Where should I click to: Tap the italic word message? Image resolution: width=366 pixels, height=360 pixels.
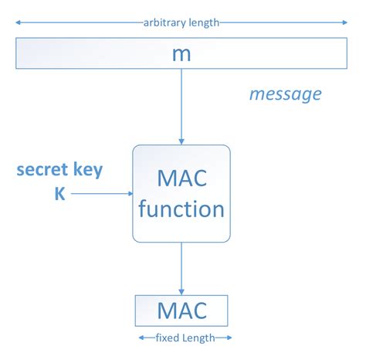click(285, 94)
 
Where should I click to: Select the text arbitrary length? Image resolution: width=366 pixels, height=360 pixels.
click(181, 22)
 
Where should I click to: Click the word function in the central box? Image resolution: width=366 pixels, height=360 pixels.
click(181, 209)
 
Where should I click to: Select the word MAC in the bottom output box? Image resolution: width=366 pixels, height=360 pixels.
click(181, 311)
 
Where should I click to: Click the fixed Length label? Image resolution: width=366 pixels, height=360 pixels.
click(185, 338)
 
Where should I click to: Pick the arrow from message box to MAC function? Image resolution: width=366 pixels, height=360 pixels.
click(181, 104)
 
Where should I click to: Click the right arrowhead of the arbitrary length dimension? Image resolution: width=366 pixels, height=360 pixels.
click(345, 23)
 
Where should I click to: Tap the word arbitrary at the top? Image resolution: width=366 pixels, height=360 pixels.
click(164, 22)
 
